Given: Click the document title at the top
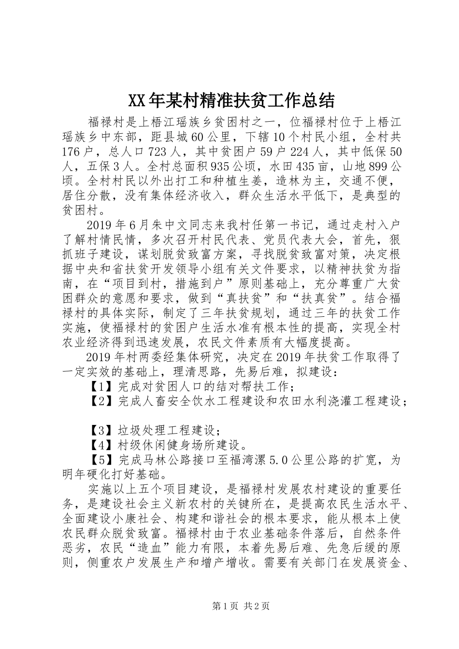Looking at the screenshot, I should click(231, 101).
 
